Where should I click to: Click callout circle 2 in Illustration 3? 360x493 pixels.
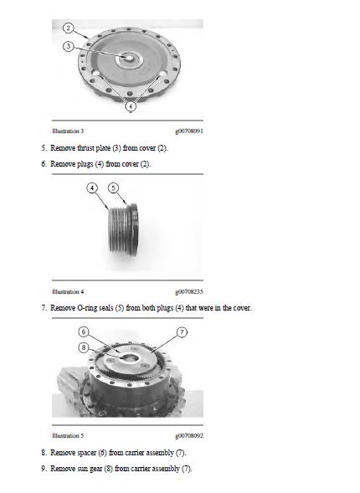point(68,28)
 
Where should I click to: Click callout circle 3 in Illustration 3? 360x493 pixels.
point(68,46)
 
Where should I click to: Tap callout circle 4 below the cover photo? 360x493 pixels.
point(131,105)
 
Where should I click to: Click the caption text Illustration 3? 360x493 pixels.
point(67,131)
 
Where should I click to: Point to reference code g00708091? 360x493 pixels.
point(189,131)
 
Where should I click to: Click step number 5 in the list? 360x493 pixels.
point(44,148)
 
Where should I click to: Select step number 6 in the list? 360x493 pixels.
point(44,164)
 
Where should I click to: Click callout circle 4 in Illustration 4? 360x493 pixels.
point(91,187)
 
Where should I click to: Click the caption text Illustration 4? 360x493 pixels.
point(67,292)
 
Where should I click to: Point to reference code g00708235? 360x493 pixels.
point(189,292)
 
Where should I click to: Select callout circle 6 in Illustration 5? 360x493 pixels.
point(83,331)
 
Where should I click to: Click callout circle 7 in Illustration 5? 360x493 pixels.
point(183,331)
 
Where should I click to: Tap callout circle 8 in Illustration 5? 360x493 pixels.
point(83,347)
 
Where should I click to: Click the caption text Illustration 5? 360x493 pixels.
point(67,436)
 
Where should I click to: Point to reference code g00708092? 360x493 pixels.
point(189,436)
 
